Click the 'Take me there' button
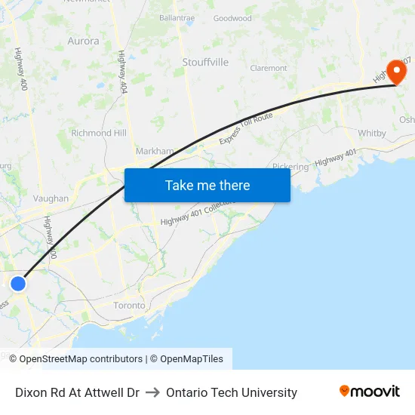point(207,185)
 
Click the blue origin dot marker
point(18,283)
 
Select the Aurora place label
point(83,41)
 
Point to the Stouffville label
point(205,62)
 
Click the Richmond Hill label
point(98,133)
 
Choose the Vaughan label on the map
point(51,198)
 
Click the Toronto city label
point(129,306)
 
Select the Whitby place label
point(372,134)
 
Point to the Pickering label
point(290,167)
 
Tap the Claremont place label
point(269,68)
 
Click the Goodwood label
point(232,18)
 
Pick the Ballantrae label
point(178,17)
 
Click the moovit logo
point(370,392)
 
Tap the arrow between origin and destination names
point(152,392)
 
